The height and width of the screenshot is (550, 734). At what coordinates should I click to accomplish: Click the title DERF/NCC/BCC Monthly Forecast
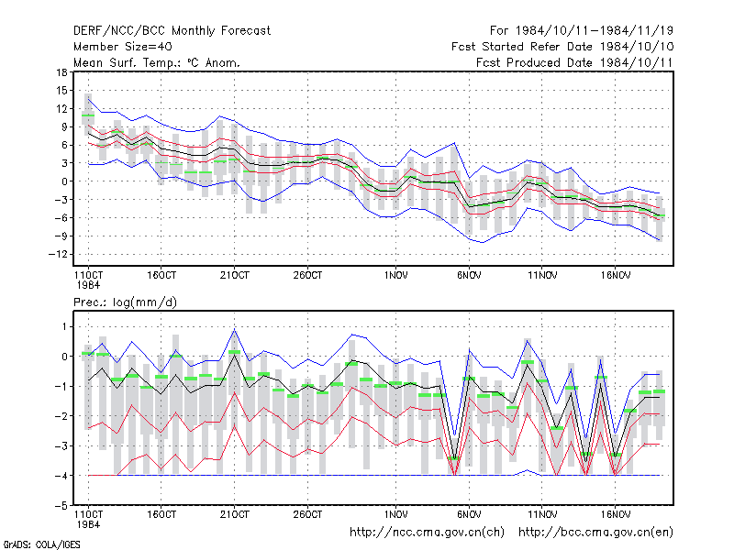[172, 31]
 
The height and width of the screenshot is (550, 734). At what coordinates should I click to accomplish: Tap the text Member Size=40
[123, 47]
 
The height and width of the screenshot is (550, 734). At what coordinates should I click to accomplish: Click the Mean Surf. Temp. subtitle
[156, 62]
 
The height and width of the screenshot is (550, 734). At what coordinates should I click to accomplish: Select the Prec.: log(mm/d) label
[125, 302]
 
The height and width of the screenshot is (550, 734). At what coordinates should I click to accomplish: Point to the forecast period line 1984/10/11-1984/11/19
[582, 31]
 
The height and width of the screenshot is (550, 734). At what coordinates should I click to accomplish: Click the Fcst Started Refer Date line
[562, 47]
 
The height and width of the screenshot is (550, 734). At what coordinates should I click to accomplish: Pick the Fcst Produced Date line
[574, 62]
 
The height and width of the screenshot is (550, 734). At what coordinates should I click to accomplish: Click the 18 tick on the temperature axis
[61, 72]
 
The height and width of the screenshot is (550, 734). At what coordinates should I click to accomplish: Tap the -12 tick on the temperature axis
[58, 254]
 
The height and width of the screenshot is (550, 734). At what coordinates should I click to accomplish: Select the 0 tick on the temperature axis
[64, 181]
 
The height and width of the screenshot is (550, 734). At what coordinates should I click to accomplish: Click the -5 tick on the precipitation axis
[61, 506]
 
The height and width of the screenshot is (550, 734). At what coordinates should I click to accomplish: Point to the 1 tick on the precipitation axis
[64, 327]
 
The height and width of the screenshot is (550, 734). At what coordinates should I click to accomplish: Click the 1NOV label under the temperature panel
[396, 276]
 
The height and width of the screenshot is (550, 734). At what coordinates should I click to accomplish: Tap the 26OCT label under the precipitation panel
[307, 514]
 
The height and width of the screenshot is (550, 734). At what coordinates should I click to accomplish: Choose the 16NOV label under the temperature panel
[616, 276]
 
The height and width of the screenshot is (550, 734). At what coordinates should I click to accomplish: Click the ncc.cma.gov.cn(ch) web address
[427, 533]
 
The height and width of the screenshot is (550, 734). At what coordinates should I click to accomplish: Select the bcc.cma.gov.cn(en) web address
[595, 533]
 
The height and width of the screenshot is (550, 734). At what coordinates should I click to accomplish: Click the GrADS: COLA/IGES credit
[41, 544]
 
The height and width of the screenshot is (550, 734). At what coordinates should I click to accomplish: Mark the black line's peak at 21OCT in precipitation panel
[235, 355]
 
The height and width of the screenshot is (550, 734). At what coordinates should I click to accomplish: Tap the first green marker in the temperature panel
[88, 115]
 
